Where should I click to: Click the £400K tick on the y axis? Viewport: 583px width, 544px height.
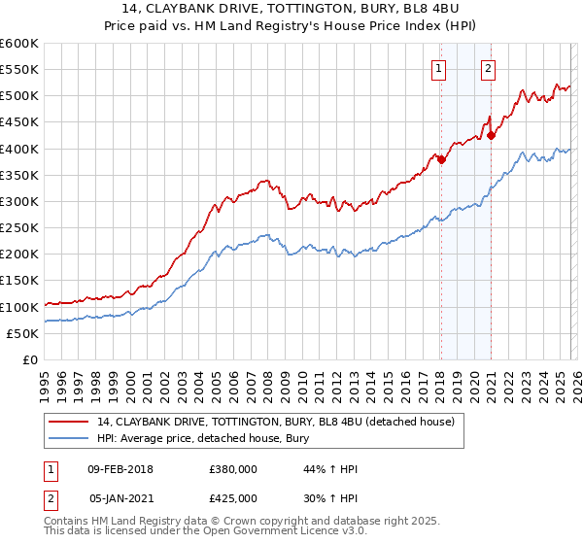(x=18, y=149)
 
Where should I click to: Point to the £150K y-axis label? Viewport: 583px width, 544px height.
(x=18, y=281)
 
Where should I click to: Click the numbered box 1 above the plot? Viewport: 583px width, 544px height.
(x=440, y=68)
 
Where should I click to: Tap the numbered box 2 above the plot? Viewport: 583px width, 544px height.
(x=487, y=68)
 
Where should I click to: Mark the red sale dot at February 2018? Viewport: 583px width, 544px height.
(x=441, y=160)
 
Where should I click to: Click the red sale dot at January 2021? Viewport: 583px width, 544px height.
(x=491, y=136)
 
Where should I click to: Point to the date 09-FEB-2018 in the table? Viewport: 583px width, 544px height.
(x=120, y=469)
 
